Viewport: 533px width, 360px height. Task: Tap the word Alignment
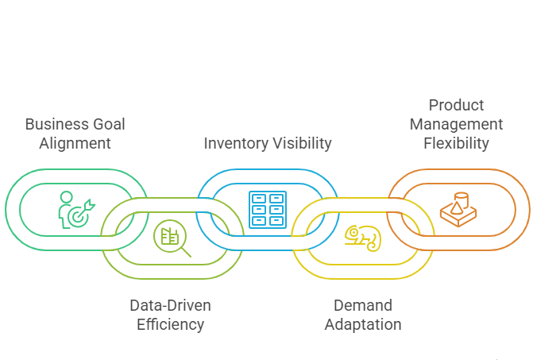(x=75, y=144)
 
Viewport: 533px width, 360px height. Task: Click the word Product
(x=456, y=105)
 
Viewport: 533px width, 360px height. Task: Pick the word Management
(x=456, y=124)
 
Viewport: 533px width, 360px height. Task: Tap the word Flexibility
(x=456, y=144)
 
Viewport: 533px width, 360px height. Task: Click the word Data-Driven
(x=170, y=305)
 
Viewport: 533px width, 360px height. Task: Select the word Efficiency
(x=170, y=324)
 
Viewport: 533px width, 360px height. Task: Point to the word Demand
(x=363, y=305)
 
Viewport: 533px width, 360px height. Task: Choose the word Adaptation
(x=363, y=324)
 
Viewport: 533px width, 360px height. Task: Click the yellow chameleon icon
(x=362, y=236)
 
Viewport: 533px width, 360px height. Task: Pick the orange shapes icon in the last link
(x=458, y=209)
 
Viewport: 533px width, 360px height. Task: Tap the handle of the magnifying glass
(x=187, y=252)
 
